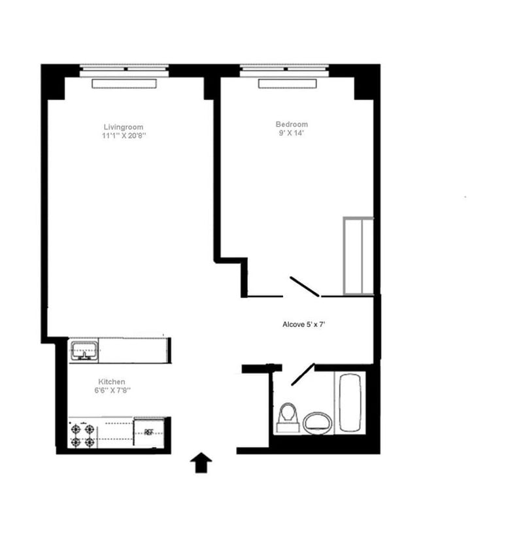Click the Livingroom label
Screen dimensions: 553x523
coord(123,127)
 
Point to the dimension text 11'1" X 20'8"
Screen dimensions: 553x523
coord(123,136)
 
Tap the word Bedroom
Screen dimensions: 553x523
coord(292,124)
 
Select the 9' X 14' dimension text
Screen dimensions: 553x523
coord(292,133)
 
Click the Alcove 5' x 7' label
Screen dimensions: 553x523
coord(309,324)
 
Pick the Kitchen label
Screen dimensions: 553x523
coord(112,382)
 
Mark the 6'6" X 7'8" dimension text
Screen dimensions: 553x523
coord(112,391)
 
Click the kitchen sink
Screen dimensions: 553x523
coord(84,350)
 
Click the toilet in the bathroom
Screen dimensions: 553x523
coord(288,417)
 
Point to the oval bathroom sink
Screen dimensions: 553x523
coord(318,422)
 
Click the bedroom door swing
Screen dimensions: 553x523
coord(304,286)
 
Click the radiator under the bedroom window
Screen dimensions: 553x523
coord(288,83)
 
